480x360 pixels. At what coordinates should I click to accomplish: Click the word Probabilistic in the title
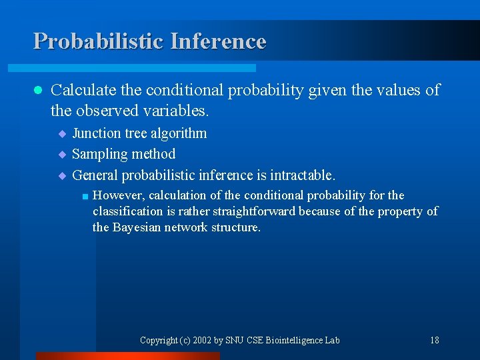[x=99, y=41]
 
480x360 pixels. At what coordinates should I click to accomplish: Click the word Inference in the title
[x=218, y=41]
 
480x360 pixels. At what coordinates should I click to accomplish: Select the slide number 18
[x=435, y=340]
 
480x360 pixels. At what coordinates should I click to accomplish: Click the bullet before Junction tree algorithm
[x=63, y=134]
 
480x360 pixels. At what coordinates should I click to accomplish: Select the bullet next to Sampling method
[x=63, y=155]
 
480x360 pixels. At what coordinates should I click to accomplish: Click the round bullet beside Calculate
[x=37, y=91]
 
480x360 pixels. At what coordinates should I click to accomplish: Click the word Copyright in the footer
[x=158, y=340]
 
